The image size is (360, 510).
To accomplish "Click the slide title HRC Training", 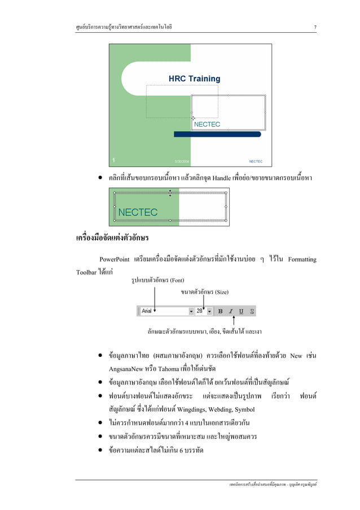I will [195, 79].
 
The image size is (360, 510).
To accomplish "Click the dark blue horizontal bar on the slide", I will [217, 134].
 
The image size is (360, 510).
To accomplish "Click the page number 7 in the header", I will [315, 27].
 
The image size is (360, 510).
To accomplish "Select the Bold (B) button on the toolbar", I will [221, 311].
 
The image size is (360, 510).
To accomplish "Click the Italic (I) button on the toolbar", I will [231, 311].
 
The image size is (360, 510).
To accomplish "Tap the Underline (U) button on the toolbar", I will [241, 311].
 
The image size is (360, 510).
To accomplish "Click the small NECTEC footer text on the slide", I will [256, 161].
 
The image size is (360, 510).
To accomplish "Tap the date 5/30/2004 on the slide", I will [181, 161].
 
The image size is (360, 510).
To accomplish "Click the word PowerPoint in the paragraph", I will [113, 260].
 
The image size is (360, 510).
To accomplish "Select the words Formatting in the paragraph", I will [302, 260].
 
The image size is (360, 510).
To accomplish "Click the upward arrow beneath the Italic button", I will [234, 320].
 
